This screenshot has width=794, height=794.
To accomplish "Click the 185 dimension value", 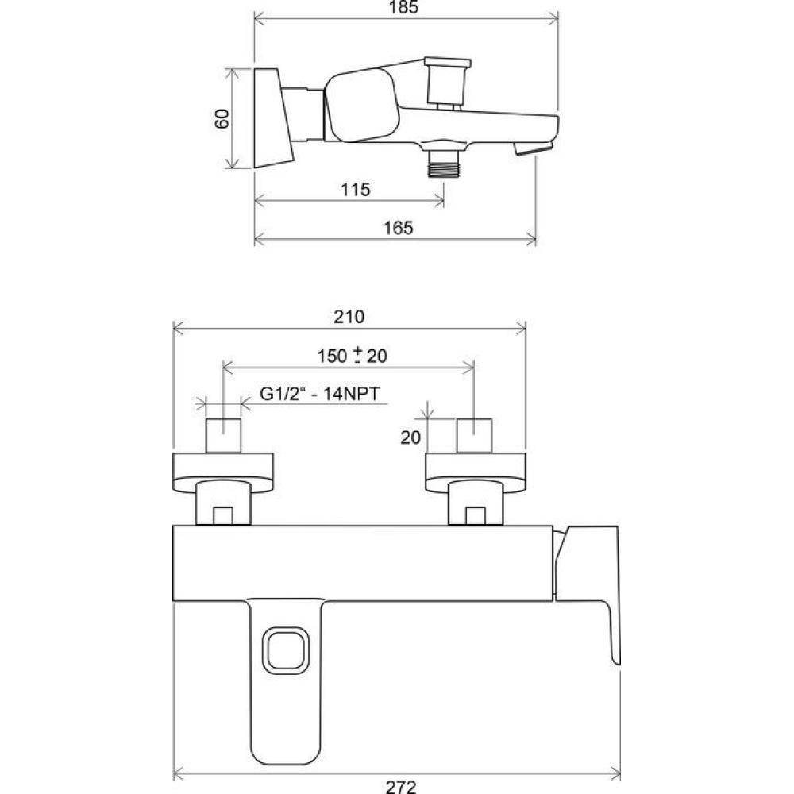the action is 403,7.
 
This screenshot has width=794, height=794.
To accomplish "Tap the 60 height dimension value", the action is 222,119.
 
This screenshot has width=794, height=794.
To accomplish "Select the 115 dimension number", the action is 356,190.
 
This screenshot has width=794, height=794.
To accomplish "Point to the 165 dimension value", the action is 399,228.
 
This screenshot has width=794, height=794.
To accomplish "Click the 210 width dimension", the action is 349,317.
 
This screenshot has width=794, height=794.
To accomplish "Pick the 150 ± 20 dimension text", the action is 352,356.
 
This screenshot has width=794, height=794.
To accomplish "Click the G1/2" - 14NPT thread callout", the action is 319,394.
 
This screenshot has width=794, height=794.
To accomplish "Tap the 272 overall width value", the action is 400,786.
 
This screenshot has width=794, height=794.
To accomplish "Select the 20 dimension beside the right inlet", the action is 410,437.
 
